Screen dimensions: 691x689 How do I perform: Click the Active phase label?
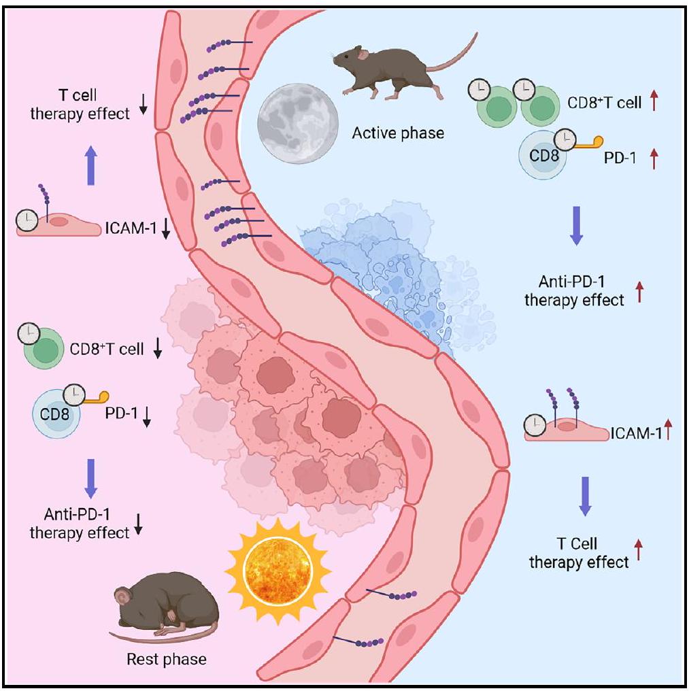[398, 133]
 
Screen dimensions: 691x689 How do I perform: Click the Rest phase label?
[166, 658]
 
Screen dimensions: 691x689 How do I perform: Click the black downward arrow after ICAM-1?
[166, 232]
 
